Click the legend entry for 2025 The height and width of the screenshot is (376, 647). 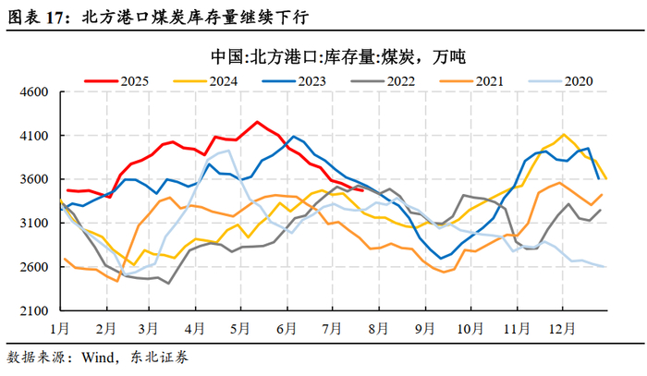tap(116, 81)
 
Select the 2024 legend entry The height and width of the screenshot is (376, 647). tap(205, 81)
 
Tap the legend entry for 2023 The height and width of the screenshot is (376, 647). tap(294, 81)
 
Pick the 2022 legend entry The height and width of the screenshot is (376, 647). tap(383, 81)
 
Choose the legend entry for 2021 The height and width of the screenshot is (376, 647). tap(471, 81)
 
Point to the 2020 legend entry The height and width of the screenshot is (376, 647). tap(561, 81)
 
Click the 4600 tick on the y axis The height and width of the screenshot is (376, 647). tap(34, 92)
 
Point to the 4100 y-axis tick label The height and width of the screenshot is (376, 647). tap(34, 136)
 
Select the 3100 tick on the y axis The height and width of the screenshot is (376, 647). tap(34, 223)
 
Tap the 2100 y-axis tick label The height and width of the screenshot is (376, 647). tap(34, 310)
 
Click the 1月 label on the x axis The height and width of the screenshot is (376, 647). tap(60, 329)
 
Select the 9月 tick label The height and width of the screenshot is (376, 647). tap(425, 329)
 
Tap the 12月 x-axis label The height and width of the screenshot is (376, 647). tap(561, 329)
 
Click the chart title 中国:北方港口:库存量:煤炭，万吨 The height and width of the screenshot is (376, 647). tap(338, 57)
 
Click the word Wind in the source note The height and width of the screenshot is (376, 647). tap(97, 357)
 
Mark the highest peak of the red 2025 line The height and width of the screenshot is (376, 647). tap(257, 122)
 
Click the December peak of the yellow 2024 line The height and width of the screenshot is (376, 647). tap(564, 134)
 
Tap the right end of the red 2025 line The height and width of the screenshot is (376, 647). tap(362, 190)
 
